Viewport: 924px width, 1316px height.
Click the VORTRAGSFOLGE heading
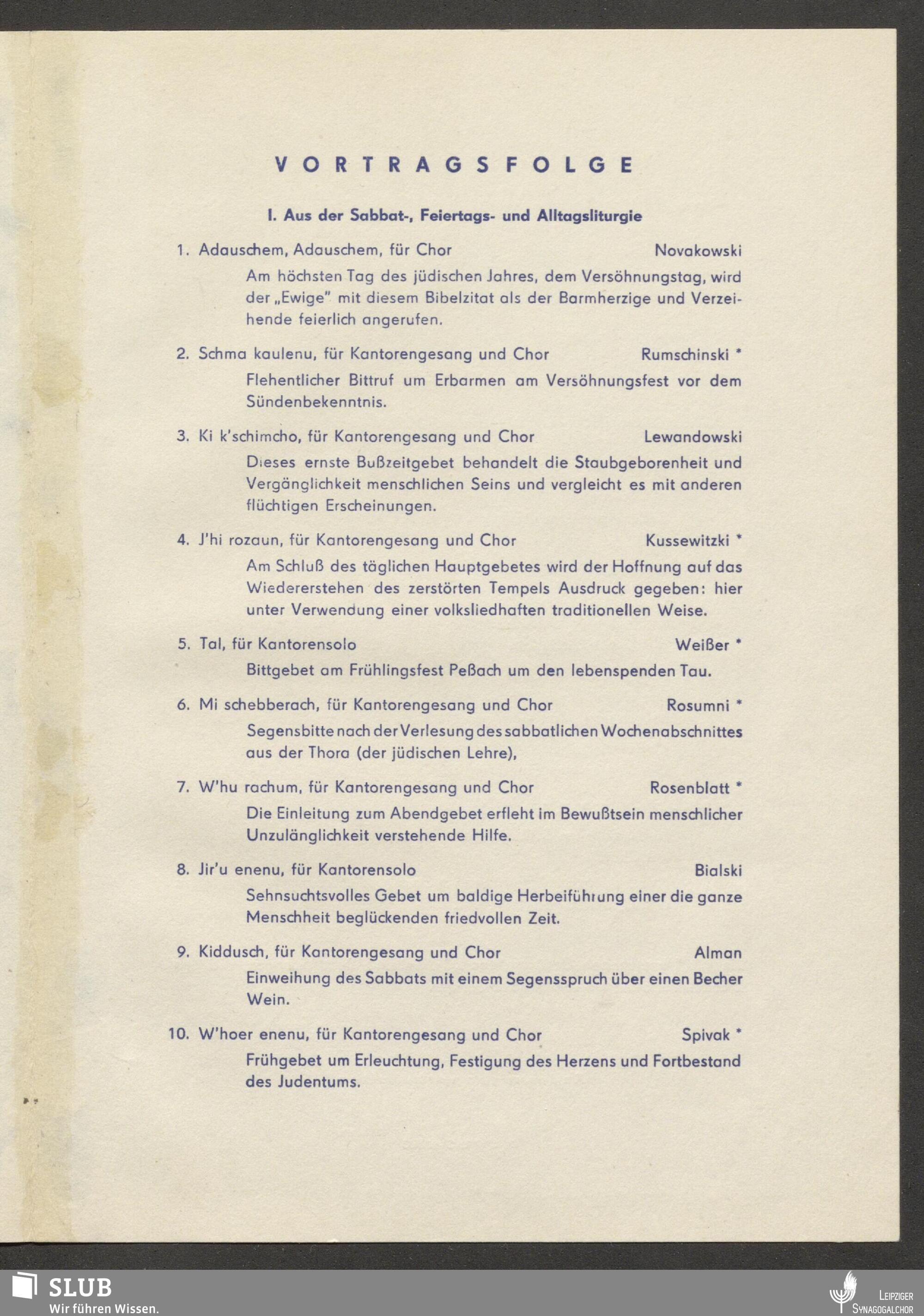453,165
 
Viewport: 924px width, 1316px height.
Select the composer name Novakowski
698,250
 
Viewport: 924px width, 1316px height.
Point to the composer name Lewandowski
693,437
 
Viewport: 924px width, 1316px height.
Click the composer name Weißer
702,645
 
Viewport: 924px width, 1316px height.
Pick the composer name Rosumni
697,706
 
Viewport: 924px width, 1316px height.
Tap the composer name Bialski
717,871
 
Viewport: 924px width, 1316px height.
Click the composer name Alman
717,953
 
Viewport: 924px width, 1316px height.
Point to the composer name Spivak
705,1035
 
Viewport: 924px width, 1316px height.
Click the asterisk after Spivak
739,1033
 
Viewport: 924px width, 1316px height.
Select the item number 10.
178,1035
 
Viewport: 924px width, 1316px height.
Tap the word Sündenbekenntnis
316,402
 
